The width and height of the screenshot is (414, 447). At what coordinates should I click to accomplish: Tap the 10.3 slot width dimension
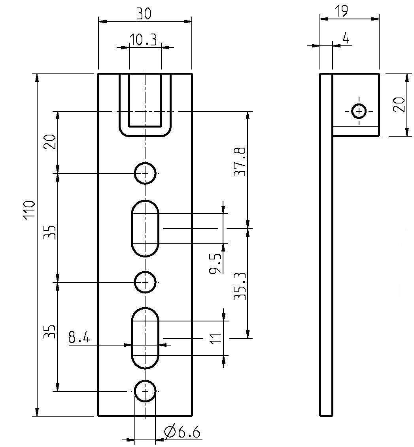(x=143, y=40)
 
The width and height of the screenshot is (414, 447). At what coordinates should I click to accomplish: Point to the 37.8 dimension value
(x=240, y=162)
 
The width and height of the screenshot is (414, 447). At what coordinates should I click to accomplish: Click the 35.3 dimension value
(x=240, y=286)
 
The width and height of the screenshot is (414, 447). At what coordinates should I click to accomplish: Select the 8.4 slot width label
(x=79, y=338)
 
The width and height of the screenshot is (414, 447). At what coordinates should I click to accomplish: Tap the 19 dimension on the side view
(x=342, y=11)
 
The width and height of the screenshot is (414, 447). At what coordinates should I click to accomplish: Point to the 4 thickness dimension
(x=346, y=38)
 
